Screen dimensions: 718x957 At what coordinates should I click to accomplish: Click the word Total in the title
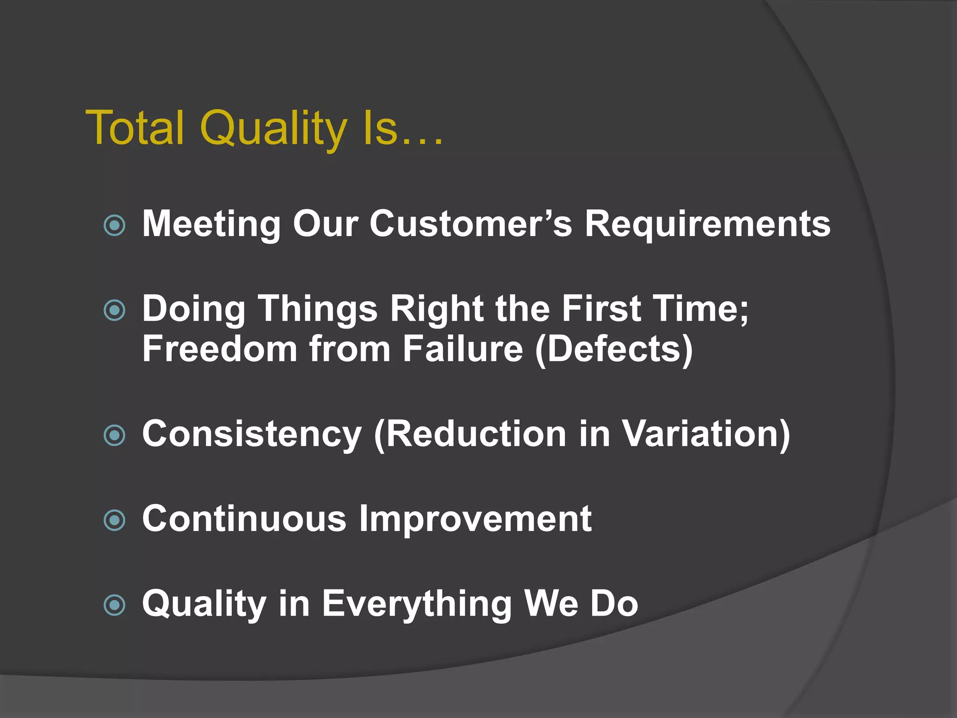click(x=135, y=128)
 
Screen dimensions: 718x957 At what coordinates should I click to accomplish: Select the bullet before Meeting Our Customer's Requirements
click(x=114, y=225)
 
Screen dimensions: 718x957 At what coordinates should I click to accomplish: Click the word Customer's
click(x=471, y=223)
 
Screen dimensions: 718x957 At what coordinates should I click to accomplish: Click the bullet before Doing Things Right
click(x=114, y=310)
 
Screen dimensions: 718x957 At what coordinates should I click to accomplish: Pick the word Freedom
click(x=220, y=349)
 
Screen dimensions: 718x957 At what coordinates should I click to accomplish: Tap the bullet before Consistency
click(x=114, y=436)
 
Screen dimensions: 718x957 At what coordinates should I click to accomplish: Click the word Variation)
click(x=706, y=434)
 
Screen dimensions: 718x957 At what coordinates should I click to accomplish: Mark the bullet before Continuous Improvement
click(x=114, y=520)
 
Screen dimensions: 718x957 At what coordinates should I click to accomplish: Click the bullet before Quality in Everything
click(x=114, y=605)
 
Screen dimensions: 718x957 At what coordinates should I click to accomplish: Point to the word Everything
click(x=417, y=604)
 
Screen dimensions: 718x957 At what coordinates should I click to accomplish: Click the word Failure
click(x=463, y=349)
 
